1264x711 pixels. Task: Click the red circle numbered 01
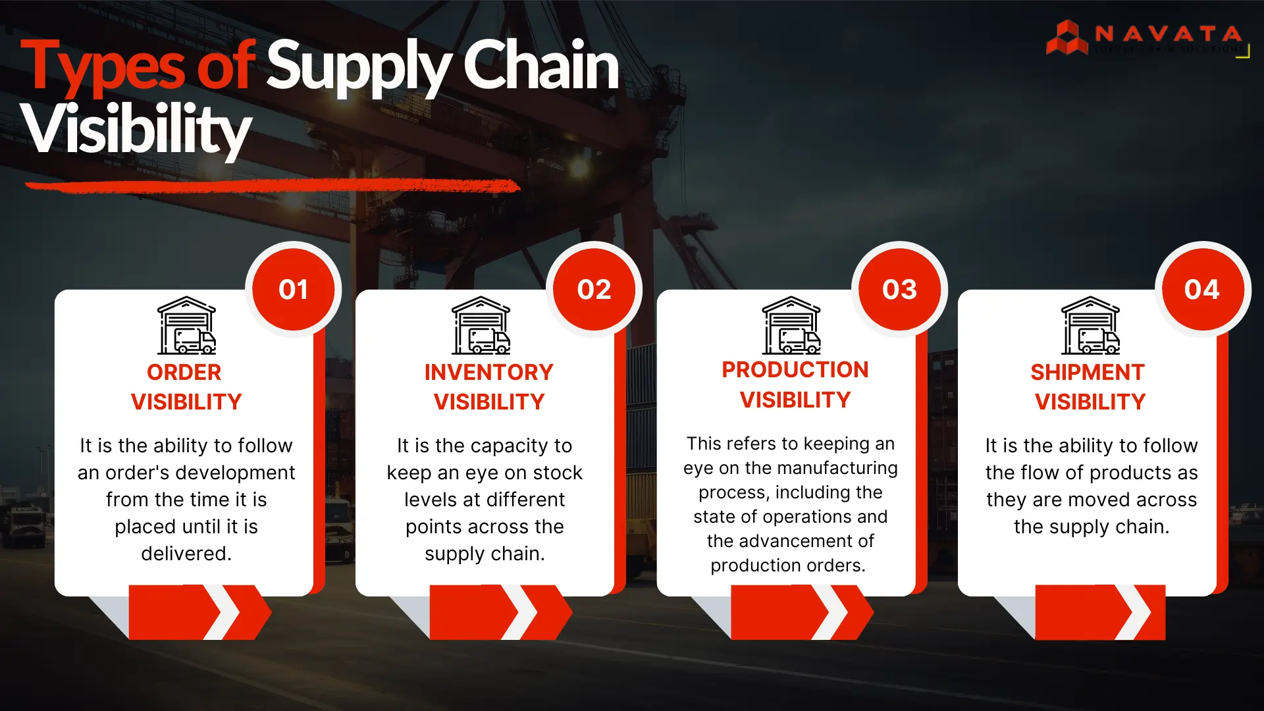[x=293, y=290]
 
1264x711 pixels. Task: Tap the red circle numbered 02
[x=594, y=290]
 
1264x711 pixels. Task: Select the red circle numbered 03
[x=899, y=290]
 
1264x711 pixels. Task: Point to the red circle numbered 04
[x=1202, y=290]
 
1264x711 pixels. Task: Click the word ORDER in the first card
[x=184, y=373]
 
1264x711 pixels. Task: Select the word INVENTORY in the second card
[x=488, y=373]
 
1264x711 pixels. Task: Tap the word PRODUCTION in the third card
[x=795, y=370]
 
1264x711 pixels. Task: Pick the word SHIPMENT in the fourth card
[x=1088, y=373]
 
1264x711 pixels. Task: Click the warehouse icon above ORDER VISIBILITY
[x=186, y=326]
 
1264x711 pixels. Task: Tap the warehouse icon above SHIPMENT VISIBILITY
[x=1090, y=326]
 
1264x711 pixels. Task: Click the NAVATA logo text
[x=1168, y=34]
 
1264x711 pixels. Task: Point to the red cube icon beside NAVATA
[x=1066, y=38]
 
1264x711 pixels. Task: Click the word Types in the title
[x=103, y=66]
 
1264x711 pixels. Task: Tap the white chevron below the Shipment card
[x=1134, y=612]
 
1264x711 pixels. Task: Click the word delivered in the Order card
[x=186, y=554]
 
